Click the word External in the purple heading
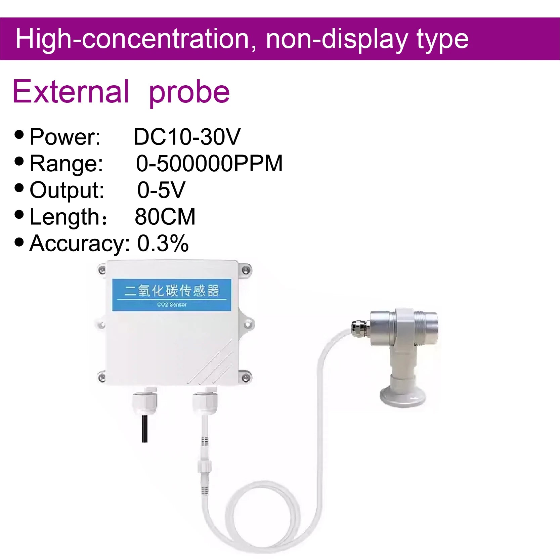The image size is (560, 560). pyautogui.click(x=71, y=91)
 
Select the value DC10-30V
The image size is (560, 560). pyautogui.click(x=187, y=137)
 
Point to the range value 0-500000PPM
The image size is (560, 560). pyautogui.click(x=209, y=164)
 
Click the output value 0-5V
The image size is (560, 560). pyautogui.click(x=161, y=190)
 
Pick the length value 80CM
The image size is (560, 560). pyautogui.click(x=165, y=217)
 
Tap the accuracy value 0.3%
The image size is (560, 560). pyautogui.click(x=163, y=243)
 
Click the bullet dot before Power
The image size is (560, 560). pyautogui.click(x=19, y=134)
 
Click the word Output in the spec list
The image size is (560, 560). pyautogui.click(x=67, y=190)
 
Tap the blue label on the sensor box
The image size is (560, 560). pyautogui.click(x=172, y=295)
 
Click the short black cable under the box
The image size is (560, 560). pyautogui.click(x=144, y=429)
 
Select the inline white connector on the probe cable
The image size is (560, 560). pyautogui.click(x=204, y=466)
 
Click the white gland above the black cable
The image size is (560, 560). pyautogui.click(x=144, y=400)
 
